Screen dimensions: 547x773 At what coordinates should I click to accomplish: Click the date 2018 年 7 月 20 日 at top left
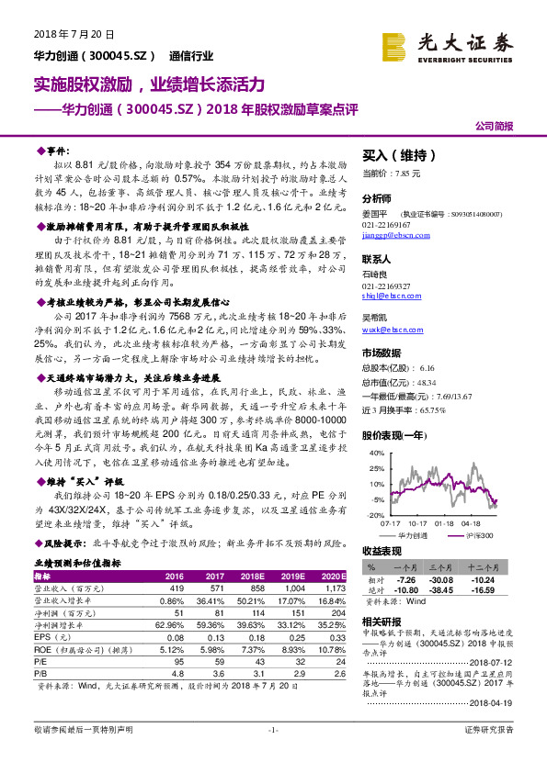click(64, 34)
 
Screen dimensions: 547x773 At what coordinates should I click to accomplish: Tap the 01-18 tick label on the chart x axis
click(444, 524)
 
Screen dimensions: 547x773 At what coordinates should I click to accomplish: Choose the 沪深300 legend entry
click(476, 535)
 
